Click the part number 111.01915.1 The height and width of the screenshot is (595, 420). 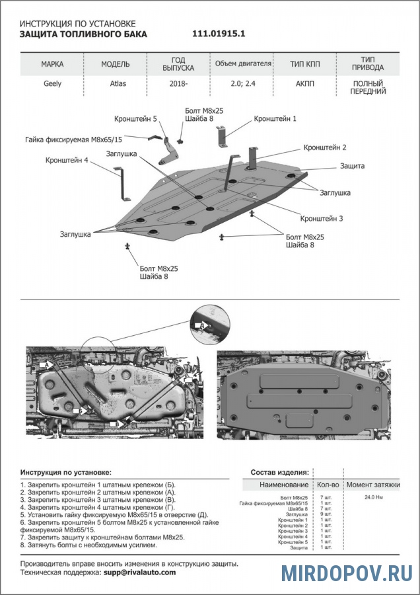[x=223, y=34]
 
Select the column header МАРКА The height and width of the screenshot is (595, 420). [x=53, y=65]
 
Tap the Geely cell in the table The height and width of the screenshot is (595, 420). [x=53, y=85]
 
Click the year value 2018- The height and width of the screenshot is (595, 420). [x=178, y=85]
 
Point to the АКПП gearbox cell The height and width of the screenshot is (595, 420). [x=306, y=85]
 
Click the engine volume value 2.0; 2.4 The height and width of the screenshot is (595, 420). [x=242, y=85]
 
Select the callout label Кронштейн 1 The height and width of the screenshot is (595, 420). [x=275, y=118]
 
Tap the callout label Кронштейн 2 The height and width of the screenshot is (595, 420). [x=325, y=147]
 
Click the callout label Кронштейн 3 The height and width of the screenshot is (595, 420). [x=322, y=218]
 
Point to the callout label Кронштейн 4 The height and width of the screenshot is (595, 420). [x=67, y=160]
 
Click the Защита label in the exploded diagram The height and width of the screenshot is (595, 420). [x=353, y=166]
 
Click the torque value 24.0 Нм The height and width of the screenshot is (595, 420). [x=374, y=496]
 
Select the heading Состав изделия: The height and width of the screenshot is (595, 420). [x=279, y=473]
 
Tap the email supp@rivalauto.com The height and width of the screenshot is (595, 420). [x=139, y=573]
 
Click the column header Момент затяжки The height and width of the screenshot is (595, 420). [x=374, y=485]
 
